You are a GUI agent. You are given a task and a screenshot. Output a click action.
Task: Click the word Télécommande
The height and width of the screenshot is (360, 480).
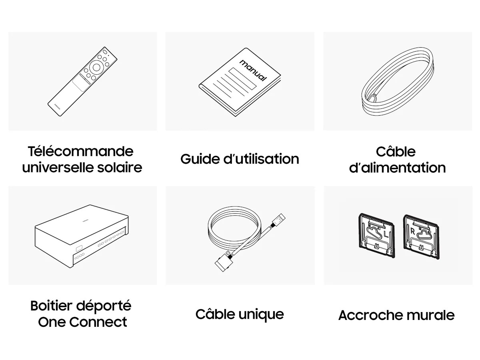pos(80,151)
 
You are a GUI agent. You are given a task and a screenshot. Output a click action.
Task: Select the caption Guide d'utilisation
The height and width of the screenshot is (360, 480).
pos(240,159)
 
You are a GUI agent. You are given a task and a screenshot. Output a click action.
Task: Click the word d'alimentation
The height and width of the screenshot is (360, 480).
pos(397,168)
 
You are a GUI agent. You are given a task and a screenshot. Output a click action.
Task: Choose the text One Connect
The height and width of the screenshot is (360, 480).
pos(82,322)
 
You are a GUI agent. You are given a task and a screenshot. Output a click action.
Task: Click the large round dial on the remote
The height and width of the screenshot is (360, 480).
pos(96,67)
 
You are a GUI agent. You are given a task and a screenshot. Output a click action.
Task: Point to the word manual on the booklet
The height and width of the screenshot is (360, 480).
pos(253,70)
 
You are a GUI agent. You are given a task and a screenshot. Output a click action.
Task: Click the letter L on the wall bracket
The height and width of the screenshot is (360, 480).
pos(386,234)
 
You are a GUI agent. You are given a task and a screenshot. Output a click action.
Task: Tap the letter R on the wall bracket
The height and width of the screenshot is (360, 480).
pos(412,232)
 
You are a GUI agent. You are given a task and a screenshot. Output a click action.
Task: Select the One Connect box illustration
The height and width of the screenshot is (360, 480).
pos(82,236)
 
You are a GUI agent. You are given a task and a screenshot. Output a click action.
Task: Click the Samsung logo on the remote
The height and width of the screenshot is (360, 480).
pos(57,106)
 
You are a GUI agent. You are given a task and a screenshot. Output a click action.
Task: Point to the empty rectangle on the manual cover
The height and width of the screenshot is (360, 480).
pos(243,78)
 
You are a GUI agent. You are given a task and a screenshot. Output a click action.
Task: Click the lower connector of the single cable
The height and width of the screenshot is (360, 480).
pos(224,262)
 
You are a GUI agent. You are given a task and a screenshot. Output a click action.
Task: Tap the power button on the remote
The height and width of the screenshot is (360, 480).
pos(105,52)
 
